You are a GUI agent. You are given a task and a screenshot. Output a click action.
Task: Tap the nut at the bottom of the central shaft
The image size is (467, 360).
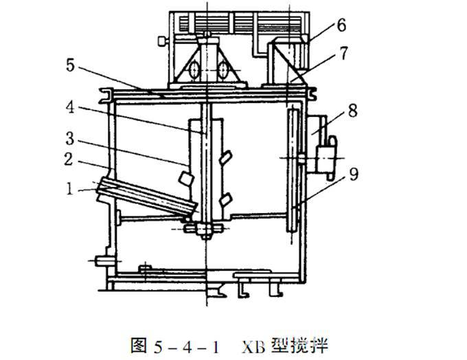point(206,229)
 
